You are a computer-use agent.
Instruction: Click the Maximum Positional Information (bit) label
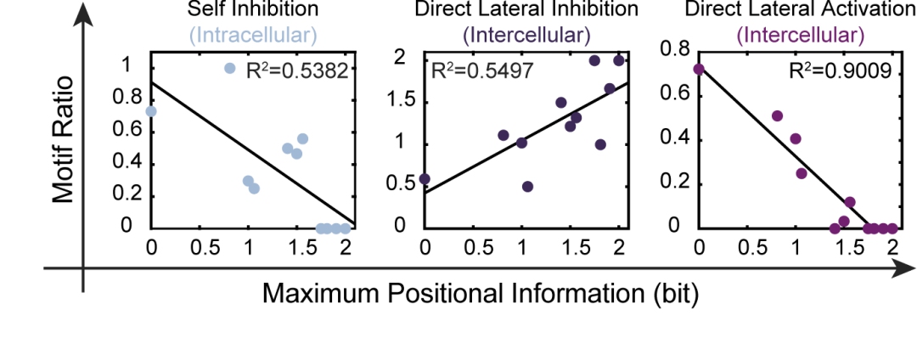point(481,295)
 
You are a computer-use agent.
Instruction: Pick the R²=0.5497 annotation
point(483,71)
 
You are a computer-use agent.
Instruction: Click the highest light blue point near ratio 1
point(229,68)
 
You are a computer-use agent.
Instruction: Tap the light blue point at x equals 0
point(151,111)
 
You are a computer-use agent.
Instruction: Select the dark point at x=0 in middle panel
point(425,179)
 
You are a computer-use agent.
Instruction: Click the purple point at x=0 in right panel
point(699,70)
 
